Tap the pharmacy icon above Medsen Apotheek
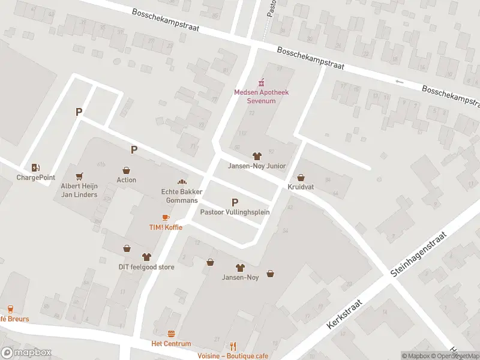260,83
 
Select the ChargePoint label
35,178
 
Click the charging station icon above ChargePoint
35,167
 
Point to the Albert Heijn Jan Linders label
79,190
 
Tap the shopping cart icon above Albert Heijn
79,176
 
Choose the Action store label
126,180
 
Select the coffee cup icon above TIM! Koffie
166,217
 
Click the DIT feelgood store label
146,267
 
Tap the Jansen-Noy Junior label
256,166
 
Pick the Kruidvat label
301,187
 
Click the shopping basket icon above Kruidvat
301,178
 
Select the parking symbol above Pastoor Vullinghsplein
235,203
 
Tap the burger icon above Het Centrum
171,334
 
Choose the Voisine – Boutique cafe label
233,356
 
